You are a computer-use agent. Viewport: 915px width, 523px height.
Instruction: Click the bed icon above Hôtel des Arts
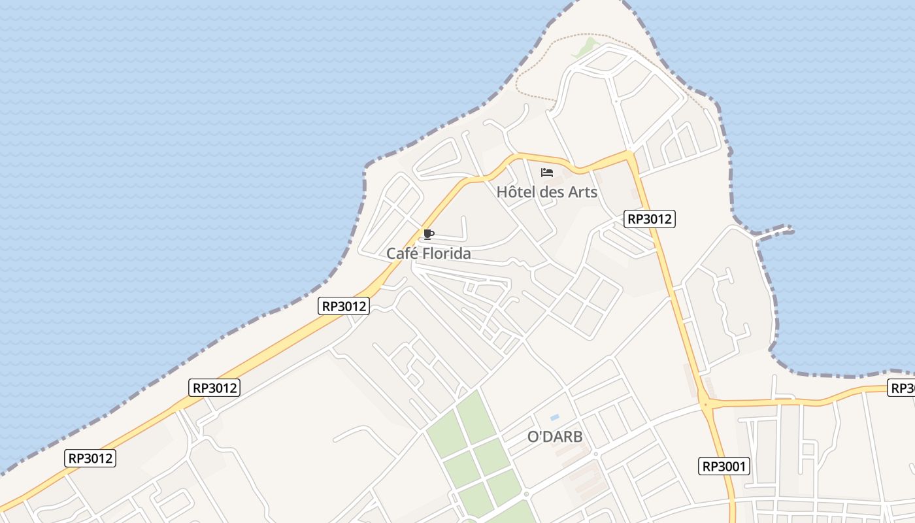(547, 173)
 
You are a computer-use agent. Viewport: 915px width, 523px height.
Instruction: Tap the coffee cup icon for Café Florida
(429, 234)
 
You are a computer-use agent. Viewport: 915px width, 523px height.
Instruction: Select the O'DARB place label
(555, 437)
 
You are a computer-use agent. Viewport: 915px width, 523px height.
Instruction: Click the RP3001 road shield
(724, 466)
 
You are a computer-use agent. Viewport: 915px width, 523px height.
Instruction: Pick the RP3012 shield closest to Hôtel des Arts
(649, 219)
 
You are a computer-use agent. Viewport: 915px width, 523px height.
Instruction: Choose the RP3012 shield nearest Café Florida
(344, 305)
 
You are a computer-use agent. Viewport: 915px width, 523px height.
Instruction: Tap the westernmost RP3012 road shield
(91, 458)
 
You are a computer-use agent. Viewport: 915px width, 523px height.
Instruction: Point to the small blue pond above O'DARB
(555, 417)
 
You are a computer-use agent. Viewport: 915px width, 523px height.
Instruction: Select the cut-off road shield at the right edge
(902, 388)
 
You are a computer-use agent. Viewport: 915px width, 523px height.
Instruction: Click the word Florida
(446, 254)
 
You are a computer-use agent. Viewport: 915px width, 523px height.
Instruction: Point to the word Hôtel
(514, 192)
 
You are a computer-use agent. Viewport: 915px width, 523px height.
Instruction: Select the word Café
(401, 254)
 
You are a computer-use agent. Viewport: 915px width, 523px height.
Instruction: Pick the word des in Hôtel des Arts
(552, 192)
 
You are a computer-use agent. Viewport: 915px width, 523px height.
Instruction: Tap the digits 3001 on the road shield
(732, 466)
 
